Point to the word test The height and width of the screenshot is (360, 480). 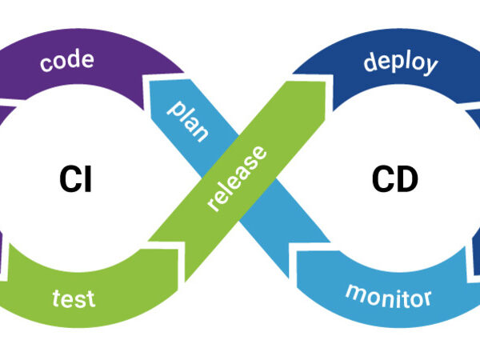(74, 299)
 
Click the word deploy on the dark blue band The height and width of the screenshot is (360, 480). (400, 62)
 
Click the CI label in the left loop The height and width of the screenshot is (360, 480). (75, 181)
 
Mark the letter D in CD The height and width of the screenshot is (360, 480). (407, 181)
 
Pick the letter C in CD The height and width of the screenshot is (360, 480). (382, 181)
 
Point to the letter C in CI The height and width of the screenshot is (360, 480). (69, 181)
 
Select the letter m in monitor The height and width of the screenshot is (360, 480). (354, 290)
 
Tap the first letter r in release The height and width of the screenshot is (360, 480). (212, 205)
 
